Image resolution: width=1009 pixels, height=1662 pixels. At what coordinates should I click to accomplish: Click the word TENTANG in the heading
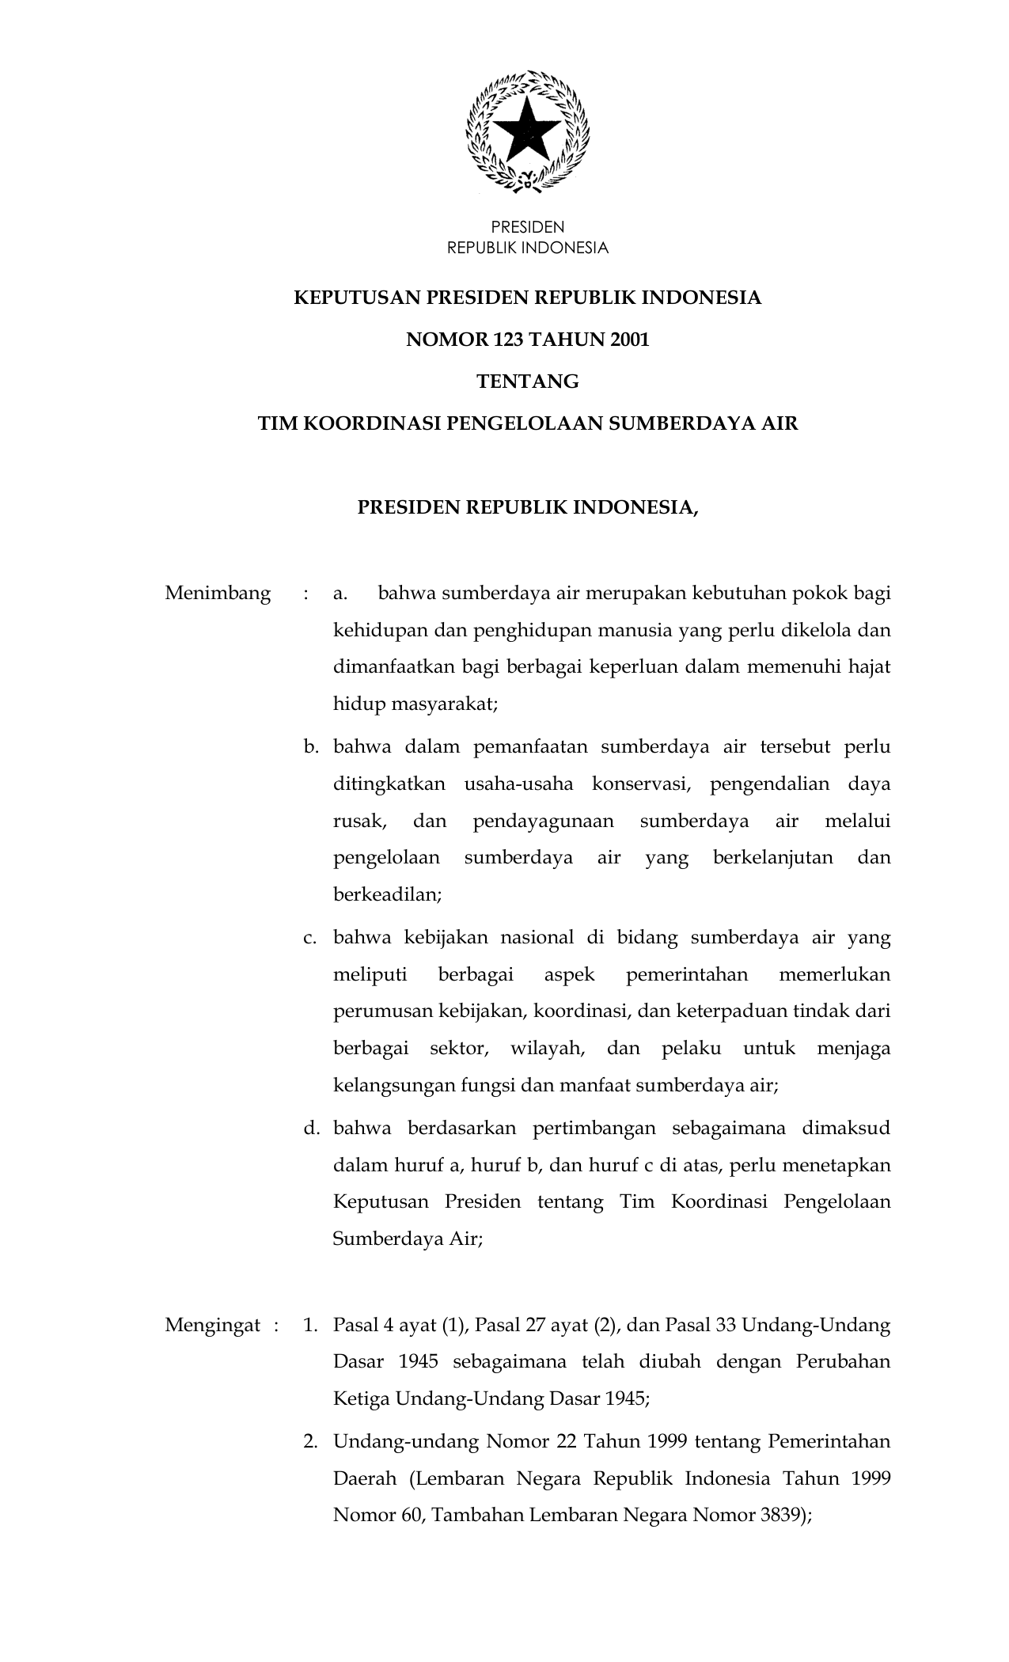(527, 382)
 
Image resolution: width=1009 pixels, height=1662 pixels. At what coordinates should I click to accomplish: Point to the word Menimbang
(218, 594)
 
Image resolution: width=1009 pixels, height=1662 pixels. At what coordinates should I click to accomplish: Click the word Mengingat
(213, 1325)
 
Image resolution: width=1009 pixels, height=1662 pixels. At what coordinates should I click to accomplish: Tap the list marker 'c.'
(310, 938)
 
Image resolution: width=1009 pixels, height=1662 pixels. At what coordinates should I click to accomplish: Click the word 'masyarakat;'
(450, 704)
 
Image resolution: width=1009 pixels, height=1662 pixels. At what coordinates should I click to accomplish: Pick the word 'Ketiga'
(361, 1398)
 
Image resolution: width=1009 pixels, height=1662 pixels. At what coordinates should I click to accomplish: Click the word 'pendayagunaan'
(543, 821)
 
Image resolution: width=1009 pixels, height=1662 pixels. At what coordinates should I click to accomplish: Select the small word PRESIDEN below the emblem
(527, 228)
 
